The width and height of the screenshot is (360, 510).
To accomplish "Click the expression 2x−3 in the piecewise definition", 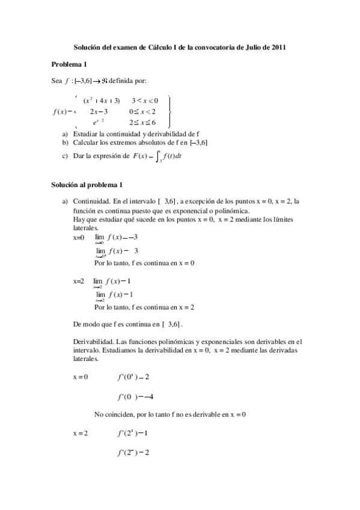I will pyautogui.click(x=99, y=111).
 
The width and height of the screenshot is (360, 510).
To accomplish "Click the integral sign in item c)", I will pyautogui.click(x=157, y=158).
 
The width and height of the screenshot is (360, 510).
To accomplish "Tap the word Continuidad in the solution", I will pyautogui.click(x=91, y=201).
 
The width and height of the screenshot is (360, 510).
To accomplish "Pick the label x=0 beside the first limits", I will pyautogui.click(x=79, y=238).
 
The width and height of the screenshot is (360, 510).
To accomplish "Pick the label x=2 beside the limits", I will pyautogui.click(x=79, y=281).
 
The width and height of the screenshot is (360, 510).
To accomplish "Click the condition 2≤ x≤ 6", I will pyautogui.click(x=142, y=122).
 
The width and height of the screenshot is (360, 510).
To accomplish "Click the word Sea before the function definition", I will pyautogui.click(x=57, y=81).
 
